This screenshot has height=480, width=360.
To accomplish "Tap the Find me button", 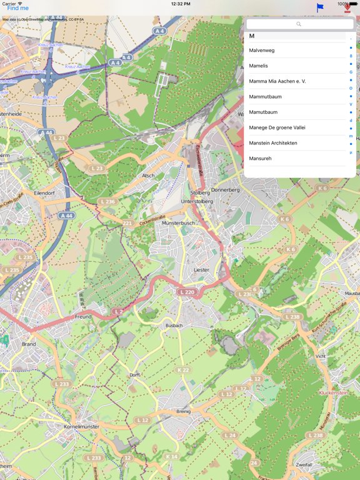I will tap(17, 8).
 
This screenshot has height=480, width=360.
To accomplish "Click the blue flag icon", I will tap(320, 7).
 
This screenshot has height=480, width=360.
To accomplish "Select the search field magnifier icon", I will tap(299, 24).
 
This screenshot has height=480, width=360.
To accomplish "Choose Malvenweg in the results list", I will tap(262, 50).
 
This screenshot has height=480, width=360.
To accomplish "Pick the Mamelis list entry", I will tap(258, 66).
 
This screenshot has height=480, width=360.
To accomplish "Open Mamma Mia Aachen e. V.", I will tap(277, 81).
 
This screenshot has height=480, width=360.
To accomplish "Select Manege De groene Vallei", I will tap(277, 127).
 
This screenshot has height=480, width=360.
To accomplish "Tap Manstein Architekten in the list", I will tap(273, 143).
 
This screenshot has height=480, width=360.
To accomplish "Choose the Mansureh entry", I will tap(260, 159).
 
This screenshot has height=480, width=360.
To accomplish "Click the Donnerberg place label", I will tap(225, 189).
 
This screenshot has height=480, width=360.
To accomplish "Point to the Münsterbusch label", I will tap(179, 222).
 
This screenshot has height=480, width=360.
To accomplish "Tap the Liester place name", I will tap(201, 269).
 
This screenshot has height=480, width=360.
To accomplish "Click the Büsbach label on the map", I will tap(174, 326).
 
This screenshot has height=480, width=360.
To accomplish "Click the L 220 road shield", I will tap(186, 292).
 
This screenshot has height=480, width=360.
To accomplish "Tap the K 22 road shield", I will tap(183, 370).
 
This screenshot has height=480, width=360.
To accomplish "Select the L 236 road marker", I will tap(107, 201).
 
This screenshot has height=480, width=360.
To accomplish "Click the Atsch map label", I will tap(148, 176).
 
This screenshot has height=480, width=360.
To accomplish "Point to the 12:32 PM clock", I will tap(180, 4).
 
